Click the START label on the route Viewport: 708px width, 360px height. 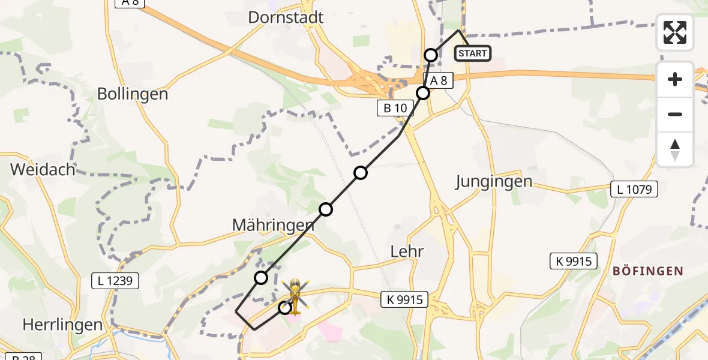tap(473, 53)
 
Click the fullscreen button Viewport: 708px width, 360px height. tap(675, 32)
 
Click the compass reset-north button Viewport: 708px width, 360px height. tap(675, 149)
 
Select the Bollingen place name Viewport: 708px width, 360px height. tap(133, 94)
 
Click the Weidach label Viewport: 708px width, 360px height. tap(43, 170)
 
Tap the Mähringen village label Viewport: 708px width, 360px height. tap(273, 225)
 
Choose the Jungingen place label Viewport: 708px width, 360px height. tap(494, 182)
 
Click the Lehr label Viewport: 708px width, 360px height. tap(407, 251)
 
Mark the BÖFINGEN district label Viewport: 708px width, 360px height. tap(647, 271)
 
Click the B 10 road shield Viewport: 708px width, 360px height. tap(395, 108)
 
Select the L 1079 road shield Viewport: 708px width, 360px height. tap(634, 190)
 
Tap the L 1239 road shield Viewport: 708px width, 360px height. tap(115, 280)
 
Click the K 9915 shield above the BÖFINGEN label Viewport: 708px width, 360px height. tap(574, 261)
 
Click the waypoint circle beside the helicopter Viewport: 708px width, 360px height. tap(284, 308)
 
